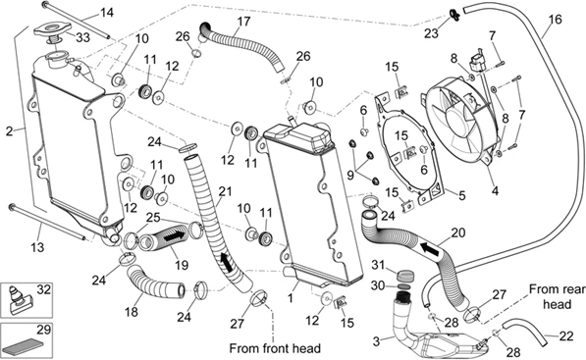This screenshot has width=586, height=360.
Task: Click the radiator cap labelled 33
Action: [53, 31]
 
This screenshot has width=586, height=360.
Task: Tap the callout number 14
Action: [107, 13]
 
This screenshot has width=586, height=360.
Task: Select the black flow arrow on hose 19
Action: [174, 236]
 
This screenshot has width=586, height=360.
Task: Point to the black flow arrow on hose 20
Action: [430, 249]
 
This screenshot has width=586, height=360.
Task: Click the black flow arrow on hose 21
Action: [228, 262]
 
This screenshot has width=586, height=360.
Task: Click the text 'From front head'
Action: [275, 348]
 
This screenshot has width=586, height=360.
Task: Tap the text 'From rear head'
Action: [558, 296]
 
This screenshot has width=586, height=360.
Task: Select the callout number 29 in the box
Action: [43, 331]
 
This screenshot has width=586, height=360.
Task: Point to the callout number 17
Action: [243, 22]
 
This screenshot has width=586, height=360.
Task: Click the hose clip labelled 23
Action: [454, 15]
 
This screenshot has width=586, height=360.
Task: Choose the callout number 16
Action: [556, 19]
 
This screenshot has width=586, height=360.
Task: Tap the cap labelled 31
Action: [404, 277]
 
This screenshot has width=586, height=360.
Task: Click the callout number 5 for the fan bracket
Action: [462, 195]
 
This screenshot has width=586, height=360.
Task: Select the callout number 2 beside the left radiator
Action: [10, 131]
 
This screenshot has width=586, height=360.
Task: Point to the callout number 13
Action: [37, 247]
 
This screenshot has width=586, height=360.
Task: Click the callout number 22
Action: [565, 336]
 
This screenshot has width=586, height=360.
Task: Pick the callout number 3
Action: [376, 341]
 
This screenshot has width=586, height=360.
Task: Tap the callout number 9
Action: [350, 175]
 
